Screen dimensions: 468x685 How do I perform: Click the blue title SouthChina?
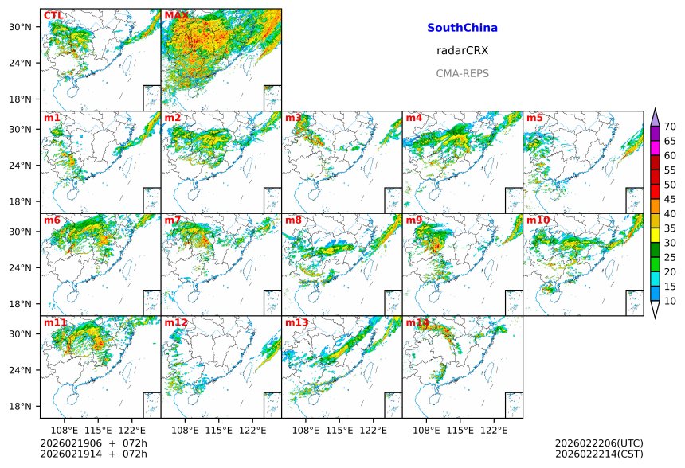(x=462, y=28)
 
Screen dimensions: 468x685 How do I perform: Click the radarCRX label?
(x=462, y=51)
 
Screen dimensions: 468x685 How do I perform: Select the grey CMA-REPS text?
(x=462, y=74)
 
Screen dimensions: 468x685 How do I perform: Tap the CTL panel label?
(x=53, y=16)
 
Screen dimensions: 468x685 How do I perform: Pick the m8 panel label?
(x=293, y=220)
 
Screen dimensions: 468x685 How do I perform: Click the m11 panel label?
(x=55, y=323)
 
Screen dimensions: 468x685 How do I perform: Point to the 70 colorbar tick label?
(x=670, y=127)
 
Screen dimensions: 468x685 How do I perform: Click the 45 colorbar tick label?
(x=670, y=199)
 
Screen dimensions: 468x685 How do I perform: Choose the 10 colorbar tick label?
(x=670, y=301)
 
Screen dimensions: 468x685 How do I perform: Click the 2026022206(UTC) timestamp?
(x=598, y=443)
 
